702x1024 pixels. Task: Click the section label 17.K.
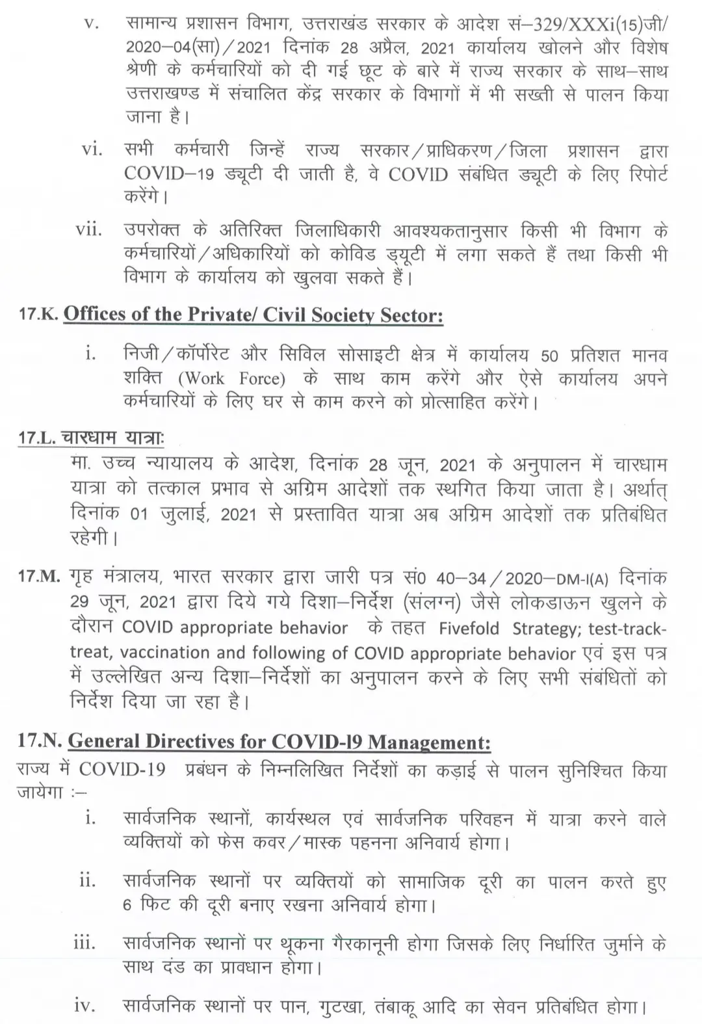pos(39,316)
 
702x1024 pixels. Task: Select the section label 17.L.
pos(37,438)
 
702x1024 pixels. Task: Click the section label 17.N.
pos(40,741)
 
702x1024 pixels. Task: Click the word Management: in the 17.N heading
pos(432,742)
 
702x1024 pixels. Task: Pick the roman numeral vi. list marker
pos(92,150)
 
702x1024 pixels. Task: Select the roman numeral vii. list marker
pos(89,230)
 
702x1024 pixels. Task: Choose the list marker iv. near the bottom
pos(84,1006)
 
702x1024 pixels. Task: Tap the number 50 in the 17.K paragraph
pos(549,356)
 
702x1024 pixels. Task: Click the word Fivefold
pos(469,629)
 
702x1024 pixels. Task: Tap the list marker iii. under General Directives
pos(84,943)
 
